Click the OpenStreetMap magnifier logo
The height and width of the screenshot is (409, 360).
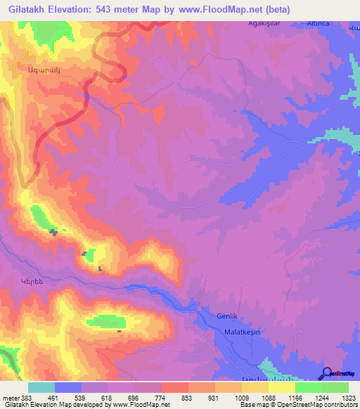click(x=326, y=373)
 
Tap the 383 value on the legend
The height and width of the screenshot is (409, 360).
click(x=22, y=398)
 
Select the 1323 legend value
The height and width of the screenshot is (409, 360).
click(x=348, y=398)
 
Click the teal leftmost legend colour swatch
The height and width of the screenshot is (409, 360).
click(x=41, y=387)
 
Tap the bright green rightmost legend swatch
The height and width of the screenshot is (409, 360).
click(x=335, y=387)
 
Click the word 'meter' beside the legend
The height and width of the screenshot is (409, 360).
click(x=8, y=398)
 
